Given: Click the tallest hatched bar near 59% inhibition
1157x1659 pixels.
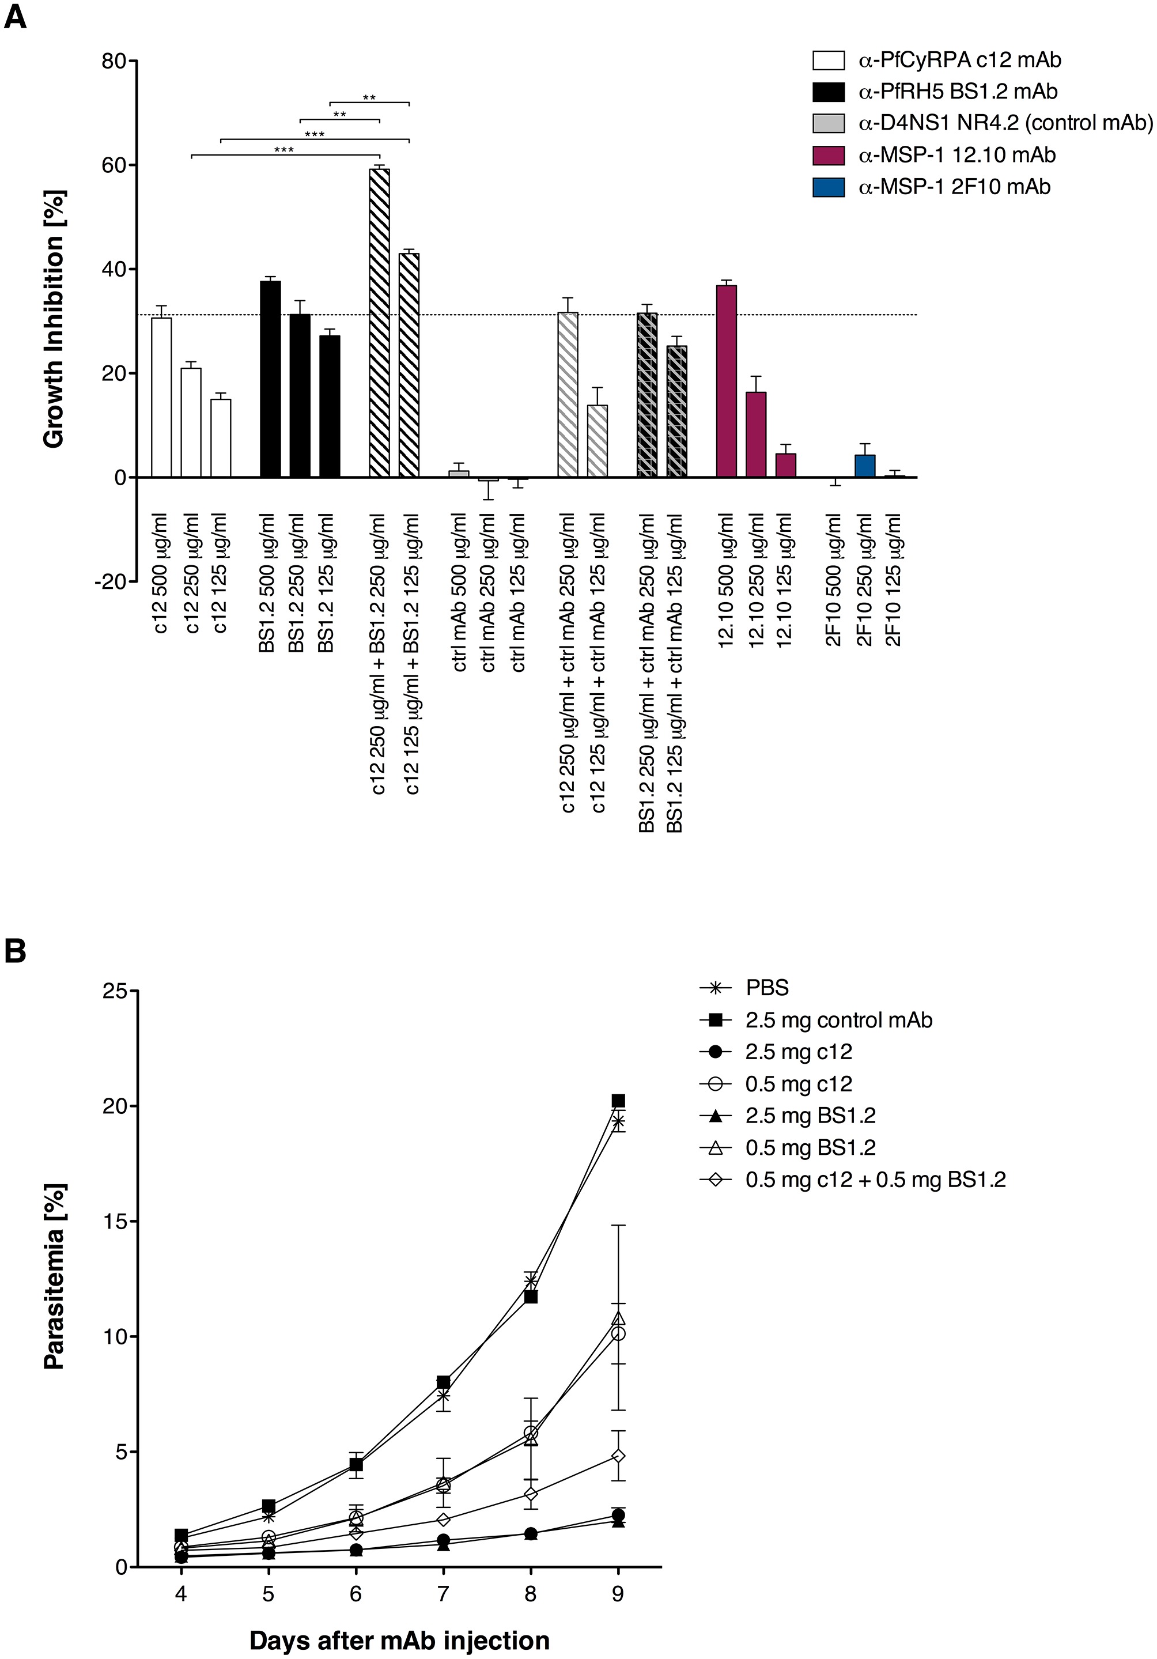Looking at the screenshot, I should click(379, 323).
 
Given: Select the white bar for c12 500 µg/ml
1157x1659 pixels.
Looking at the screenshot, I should click(161, 398).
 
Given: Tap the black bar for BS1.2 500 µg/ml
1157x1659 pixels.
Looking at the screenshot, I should click(270, 379).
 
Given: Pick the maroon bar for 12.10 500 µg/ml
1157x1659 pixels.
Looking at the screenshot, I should click(726, 381).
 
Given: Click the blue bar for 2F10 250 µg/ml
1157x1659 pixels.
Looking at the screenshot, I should click(864, 466).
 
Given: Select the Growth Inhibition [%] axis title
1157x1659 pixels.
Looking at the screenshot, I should click(54, 319).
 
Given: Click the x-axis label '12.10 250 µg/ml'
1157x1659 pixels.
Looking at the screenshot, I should click(756, 580).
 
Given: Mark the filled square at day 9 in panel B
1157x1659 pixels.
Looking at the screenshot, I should click(618, 1101).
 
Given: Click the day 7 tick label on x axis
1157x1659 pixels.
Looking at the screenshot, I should click(443, 1593).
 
